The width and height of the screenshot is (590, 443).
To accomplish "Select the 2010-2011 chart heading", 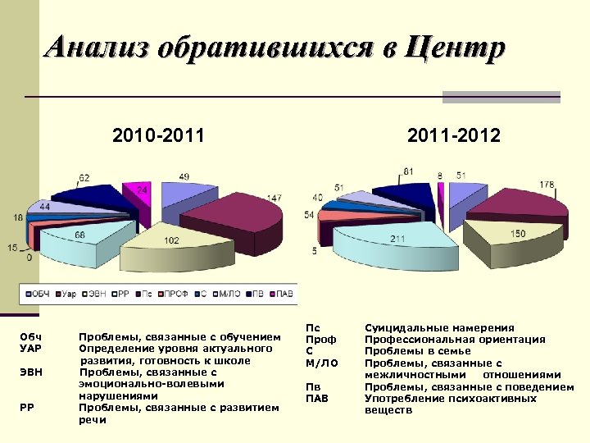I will coord(158,135).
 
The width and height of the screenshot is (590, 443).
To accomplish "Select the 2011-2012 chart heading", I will coord(453,135).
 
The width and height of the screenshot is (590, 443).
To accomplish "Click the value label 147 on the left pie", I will coord(274,199).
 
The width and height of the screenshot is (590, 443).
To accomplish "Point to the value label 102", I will coord(171,240).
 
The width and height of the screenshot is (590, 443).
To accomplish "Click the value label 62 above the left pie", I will coord(84,177).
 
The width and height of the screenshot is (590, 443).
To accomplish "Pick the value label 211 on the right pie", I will coord(398,239).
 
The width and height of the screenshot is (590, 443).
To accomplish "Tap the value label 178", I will coord(547,184).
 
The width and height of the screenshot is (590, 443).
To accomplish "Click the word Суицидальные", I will coord(406,328).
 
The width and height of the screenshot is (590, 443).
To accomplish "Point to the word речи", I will coord(92,419).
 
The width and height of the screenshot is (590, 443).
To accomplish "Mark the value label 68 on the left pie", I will coord(80,235).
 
